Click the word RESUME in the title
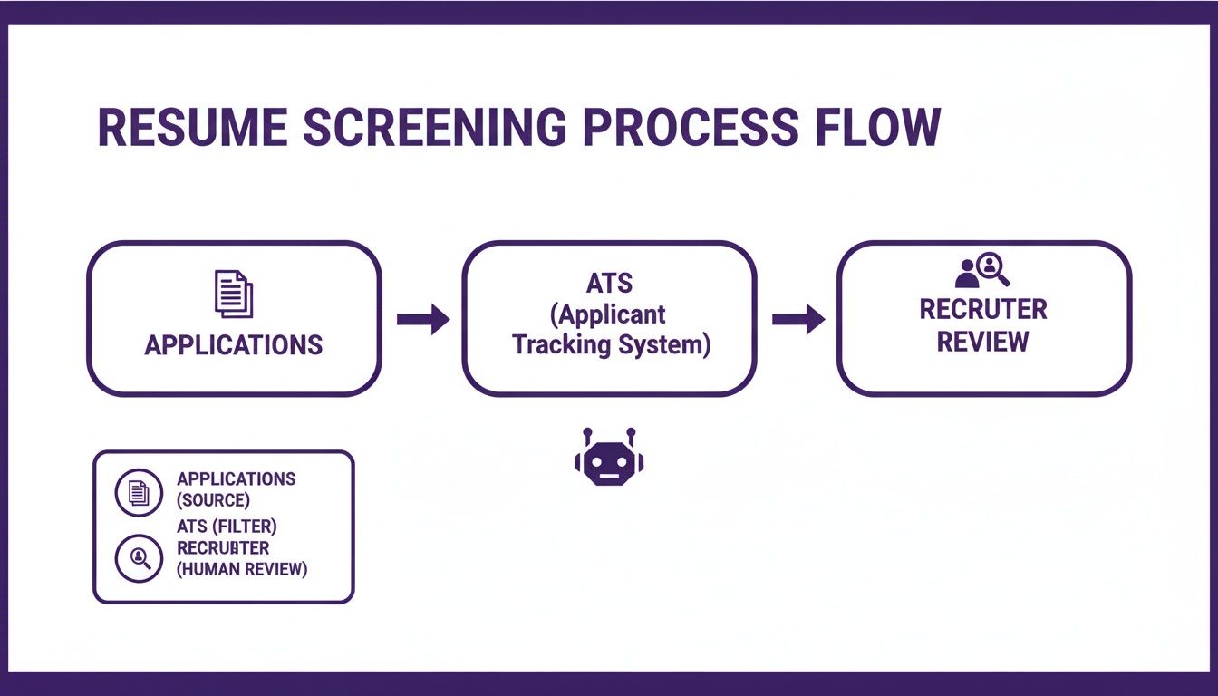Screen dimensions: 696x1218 193,129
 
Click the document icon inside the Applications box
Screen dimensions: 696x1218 234,294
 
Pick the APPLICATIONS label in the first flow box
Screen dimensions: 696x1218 234,345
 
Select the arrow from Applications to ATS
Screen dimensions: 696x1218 423,319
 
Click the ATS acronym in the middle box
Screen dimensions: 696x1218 609,284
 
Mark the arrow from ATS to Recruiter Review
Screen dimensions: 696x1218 797,319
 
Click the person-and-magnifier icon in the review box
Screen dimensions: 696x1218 982,270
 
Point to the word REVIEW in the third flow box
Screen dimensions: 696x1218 983,343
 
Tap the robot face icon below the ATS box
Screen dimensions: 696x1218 609,461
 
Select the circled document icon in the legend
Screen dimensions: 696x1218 139,492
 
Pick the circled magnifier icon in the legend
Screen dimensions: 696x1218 139,558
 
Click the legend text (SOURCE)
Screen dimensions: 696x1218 213,500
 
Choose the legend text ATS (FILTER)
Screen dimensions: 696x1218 227,525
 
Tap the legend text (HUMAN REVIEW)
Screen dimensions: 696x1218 242,570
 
